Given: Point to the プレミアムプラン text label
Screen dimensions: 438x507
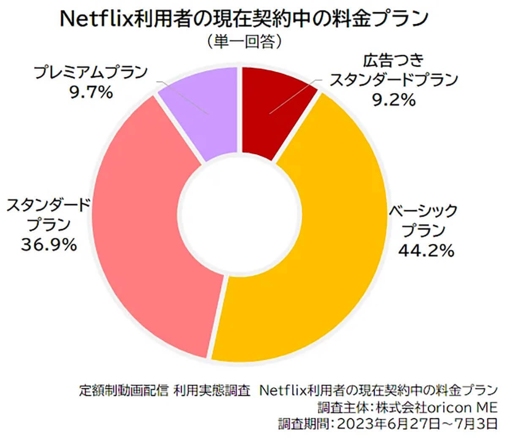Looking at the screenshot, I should coord(91,73).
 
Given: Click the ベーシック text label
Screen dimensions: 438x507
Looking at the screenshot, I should coord(423,210).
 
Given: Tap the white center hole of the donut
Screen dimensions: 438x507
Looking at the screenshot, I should coord(239,213).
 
